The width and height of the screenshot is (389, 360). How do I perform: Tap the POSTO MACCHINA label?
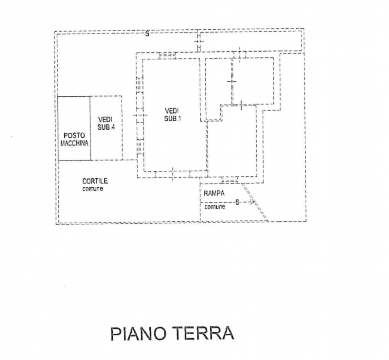point(74,139)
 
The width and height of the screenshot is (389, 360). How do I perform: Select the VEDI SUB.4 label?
point(106,123)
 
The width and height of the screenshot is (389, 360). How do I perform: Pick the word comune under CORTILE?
point(92,189)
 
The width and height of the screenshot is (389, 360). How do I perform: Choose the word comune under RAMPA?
point(214,207)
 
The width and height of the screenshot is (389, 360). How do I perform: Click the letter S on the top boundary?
point(147,34)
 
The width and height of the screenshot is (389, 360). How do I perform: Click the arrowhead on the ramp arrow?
point(252,201)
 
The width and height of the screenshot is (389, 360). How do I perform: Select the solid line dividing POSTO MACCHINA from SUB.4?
point(90,128)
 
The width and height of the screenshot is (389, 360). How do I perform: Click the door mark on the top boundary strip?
point(198,44)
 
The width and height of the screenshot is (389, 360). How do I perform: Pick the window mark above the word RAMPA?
point(230,180)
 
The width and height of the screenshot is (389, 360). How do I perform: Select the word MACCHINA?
point(74,144)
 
